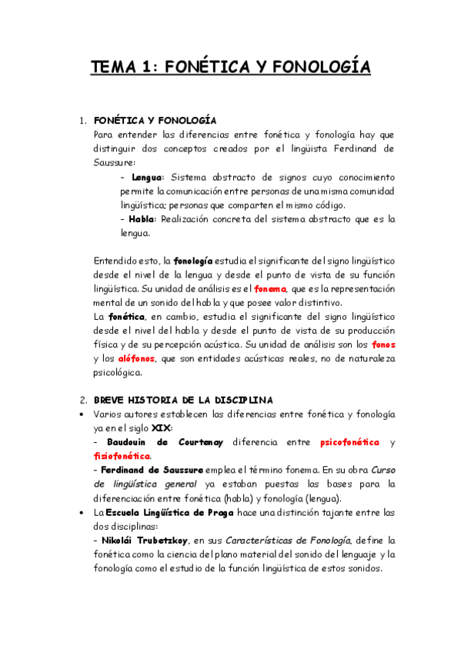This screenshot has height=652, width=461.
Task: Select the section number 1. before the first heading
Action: click(84, 121)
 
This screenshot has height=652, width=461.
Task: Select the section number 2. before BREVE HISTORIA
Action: click(84, 401)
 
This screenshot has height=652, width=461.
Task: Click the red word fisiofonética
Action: click(122, 456)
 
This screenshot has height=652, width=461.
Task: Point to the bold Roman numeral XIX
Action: click(159, 428)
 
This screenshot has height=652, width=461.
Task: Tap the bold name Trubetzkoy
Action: click(164, 541)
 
